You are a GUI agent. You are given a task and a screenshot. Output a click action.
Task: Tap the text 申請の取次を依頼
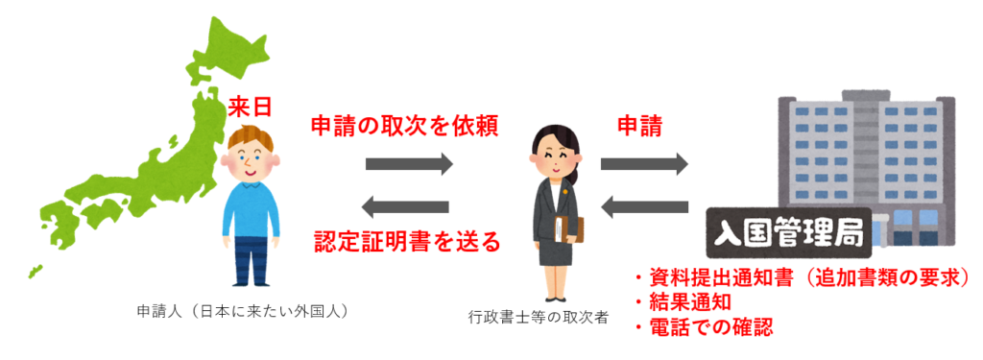tap(404, 127)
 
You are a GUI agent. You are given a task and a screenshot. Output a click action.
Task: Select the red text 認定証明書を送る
tap(408, 241)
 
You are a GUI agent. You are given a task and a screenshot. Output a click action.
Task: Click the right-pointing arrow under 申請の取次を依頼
tap(408, 164)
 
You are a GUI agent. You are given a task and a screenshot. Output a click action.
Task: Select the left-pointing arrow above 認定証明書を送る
tap(408, 204)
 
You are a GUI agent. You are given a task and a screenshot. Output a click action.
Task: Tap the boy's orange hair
tap(252, 140)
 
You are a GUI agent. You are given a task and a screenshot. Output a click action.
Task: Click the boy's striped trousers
tap(252, 259)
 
